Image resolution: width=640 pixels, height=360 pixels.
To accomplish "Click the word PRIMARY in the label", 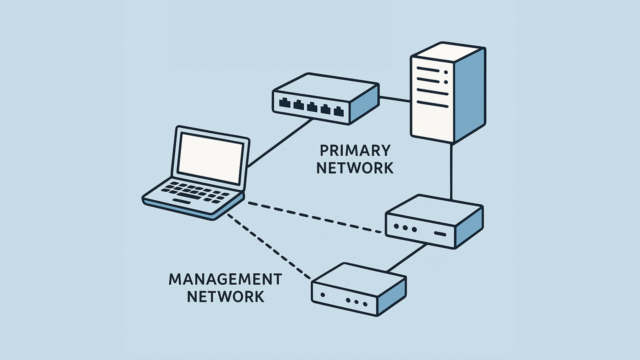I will pos(354,150).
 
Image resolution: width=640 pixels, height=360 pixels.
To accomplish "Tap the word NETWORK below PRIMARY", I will pos(354,168).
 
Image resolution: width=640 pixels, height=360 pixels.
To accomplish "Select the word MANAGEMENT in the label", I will pos(225,279).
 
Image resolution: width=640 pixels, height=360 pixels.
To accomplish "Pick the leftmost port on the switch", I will pos(285,104).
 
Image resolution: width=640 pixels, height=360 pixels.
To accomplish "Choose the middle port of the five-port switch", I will pos(312,106).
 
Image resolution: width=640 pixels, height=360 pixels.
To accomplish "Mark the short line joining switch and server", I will pos(394,99).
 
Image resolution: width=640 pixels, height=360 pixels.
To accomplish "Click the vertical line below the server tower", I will pos(451,170).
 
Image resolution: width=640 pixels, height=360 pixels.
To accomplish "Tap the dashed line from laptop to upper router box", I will pos(315,217).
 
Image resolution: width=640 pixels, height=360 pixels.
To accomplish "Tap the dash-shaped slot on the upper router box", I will pos(440,234).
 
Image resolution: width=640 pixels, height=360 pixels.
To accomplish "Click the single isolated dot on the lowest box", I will pos(323,295).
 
